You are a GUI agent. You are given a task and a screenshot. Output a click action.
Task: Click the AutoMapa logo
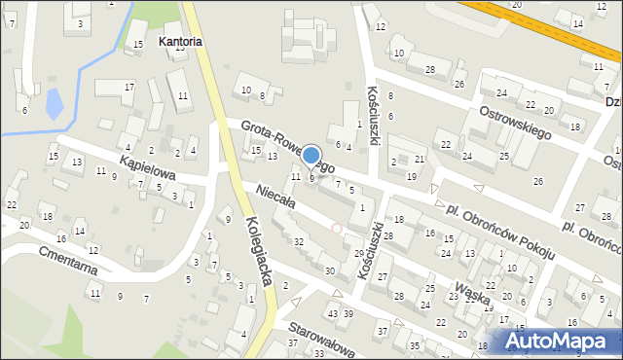coord(559,342)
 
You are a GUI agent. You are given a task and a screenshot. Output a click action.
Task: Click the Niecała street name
coord(275,198)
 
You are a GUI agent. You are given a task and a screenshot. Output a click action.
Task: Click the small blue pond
coord(54,101)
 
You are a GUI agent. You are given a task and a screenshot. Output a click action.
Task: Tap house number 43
coord(333,313)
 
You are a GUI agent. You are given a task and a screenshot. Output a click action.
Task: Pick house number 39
coord(348,313)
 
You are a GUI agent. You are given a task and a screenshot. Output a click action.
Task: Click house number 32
coord(299,241)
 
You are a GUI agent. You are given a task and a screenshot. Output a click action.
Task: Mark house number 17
coord(128,88)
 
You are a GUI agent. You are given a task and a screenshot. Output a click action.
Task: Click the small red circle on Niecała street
coord(337,229)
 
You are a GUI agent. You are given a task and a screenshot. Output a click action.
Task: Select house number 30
coord(330,270)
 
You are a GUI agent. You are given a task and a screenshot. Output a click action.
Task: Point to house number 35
coord(414,345)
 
